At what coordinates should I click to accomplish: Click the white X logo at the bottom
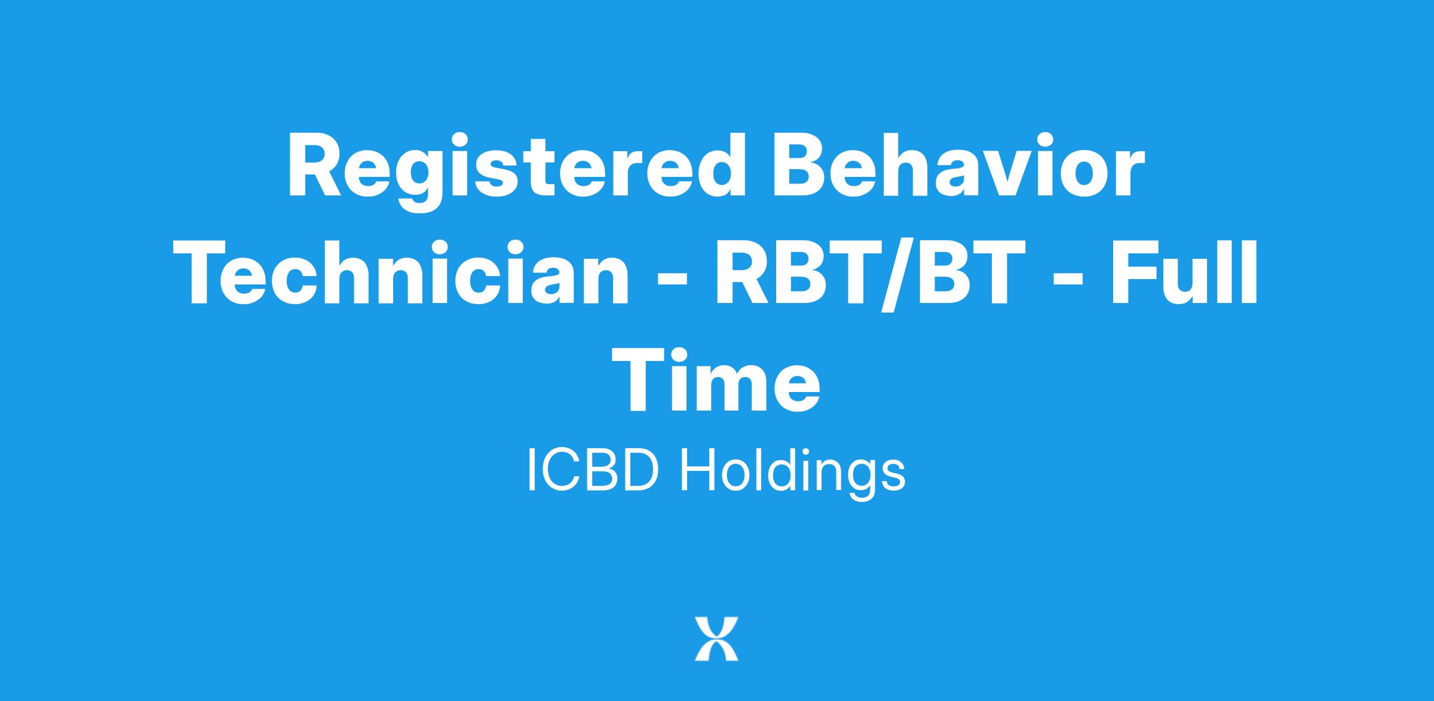716,639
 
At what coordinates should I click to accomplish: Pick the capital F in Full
1134,272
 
